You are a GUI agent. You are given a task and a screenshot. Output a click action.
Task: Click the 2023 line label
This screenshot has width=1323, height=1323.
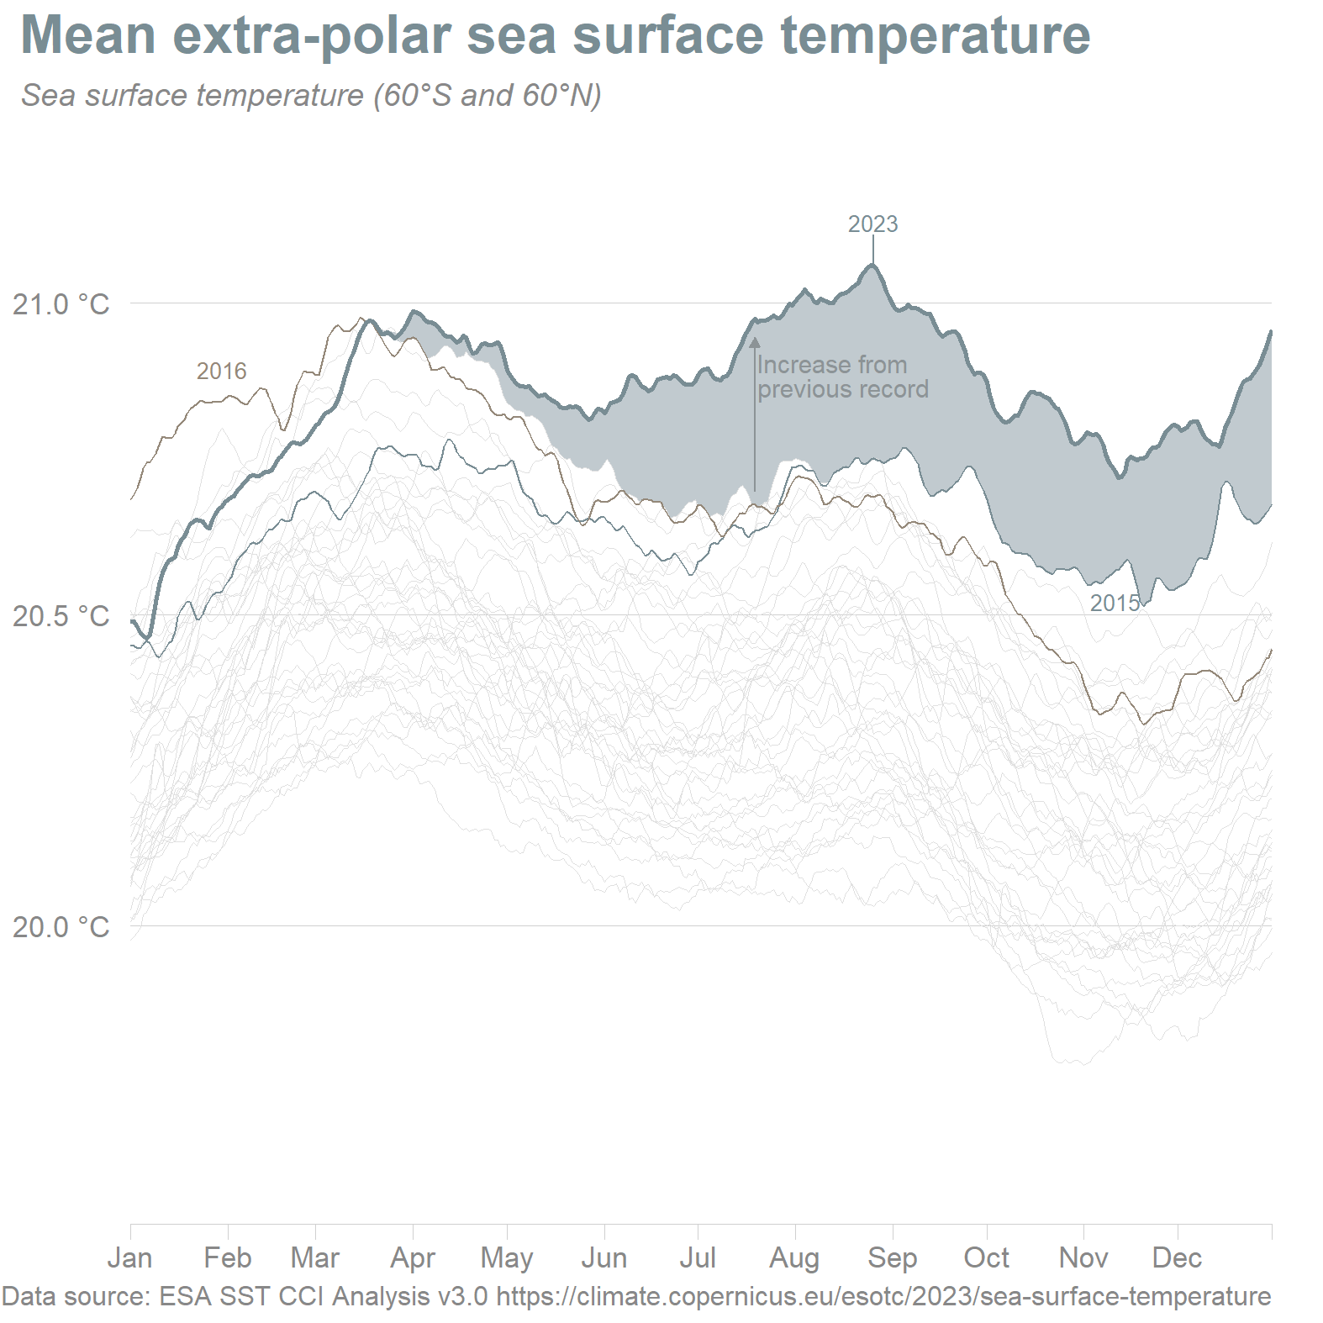tap(872, 224)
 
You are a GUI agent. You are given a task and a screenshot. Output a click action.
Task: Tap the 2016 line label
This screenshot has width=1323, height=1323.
tap(221, 371)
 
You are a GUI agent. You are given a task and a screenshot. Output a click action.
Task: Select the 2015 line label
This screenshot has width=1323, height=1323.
tap(1115, 603)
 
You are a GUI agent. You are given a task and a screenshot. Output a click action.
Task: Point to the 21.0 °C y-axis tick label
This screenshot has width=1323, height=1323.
tap(61, 304)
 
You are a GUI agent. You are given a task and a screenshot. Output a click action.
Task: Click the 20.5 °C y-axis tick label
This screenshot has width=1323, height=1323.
tap(61, 616)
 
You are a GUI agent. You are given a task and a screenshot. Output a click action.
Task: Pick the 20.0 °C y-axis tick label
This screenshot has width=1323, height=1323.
tap(61, 927)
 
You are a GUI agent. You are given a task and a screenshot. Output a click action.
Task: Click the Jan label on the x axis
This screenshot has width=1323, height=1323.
tap(130, 1257)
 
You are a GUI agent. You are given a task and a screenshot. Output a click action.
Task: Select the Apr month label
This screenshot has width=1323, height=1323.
tap(413, 1257)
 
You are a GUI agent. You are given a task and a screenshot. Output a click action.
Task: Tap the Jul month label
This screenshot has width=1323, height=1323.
tap(698, 1257)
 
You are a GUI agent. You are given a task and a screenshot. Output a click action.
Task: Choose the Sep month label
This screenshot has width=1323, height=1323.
tap(893, 1257)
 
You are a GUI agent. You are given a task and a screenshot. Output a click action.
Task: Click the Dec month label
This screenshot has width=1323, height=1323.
tap(1177, 1257)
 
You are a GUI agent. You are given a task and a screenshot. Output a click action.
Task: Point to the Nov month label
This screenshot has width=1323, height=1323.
tap(1083, 1257)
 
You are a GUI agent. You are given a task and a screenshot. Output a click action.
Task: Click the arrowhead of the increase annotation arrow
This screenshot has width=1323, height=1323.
tap(755, 343)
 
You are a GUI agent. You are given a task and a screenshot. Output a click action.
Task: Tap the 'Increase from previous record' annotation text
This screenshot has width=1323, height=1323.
tap(842, 377)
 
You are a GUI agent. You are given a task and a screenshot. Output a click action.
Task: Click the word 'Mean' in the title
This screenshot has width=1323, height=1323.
tap(88, 35)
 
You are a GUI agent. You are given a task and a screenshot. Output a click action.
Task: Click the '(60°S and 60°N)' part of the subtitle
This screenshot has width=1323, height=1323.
tap(488, 96)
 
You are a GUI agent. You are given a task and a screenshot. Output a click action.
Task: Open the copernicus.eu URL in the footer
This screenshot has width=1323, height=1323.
tap(883, 1296)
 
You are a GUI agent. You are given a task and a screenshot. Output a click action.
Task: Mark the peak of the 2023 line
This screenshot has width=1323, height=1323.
tap(872, 266)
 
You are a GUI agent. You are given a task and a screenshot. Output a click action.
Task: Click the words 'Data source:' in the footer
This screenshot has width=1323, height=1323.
tap(76, 1296)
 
